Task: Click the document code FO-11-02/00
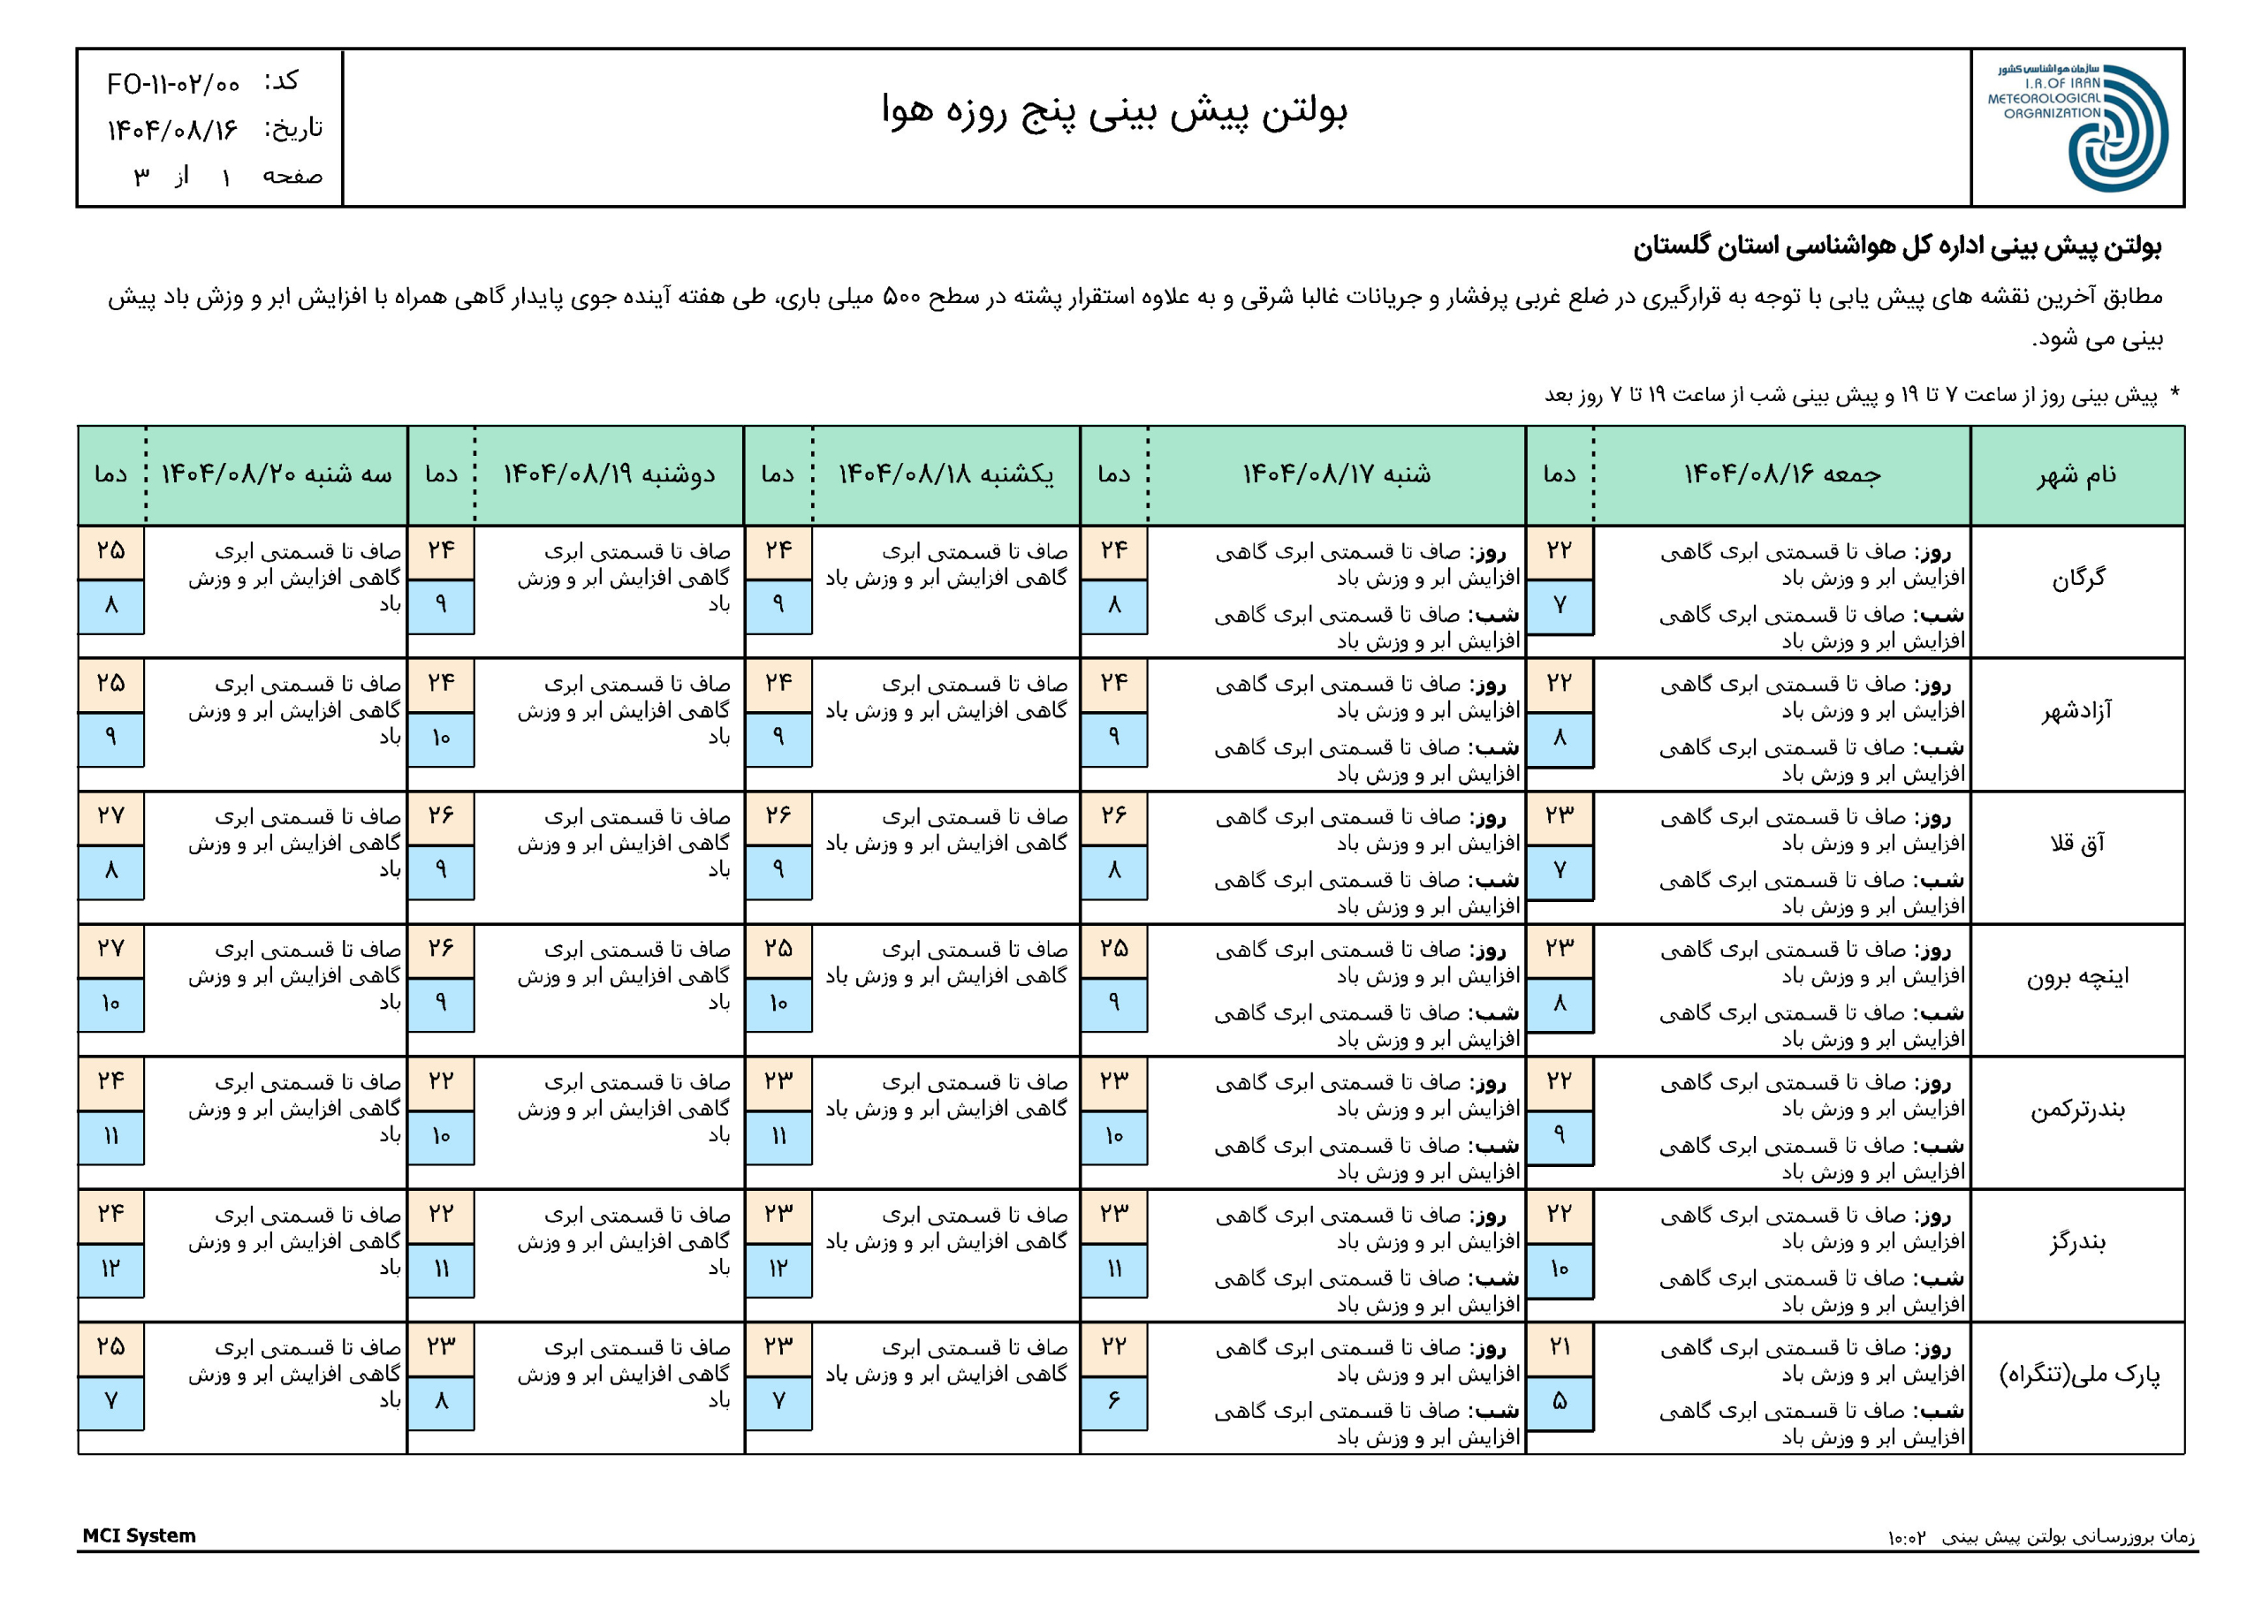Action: (x=173, y=85)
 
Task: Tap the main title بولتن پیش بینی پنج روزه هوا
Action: (x=1113, y=110)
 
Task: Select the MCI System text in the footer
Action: (x=139, y=1535)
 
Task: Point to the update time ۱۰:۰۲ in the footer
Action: (x=1906, y=1537)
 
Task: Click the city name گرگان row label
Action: (x=2077, y=579)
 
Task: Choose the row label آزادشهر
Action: (x=2076, y=710)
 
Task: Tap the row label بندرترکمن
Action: (x=2076, y=1110)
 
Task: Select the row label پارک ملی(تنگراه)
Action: (x=2077, y=1375)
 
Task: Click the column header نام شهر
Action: (x=2076, y=475)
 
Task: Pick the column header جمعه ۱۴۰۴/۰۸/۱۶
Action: (x=1781, y=475)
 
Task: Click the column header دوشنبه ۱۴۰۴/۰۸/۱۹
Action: (x=609, y=475)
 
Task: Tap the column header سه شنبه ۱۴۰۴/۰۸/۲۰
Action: (x=276, y=475)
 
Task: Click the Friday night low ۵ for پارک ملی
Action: (x=1560, y=1400)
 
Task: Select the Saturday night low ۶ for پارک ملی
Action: (x=1113, y=1400)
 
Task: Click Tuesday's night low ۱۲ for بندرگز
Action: (x=110, y=1268)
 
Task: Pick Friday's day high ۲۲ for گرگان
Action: (x=1560, y=550)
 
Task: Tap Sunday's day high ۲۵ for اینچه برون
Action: (x=778, y=949)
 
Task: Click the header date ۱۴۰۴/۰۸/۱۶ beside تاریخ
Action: (x=173, y=130)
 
